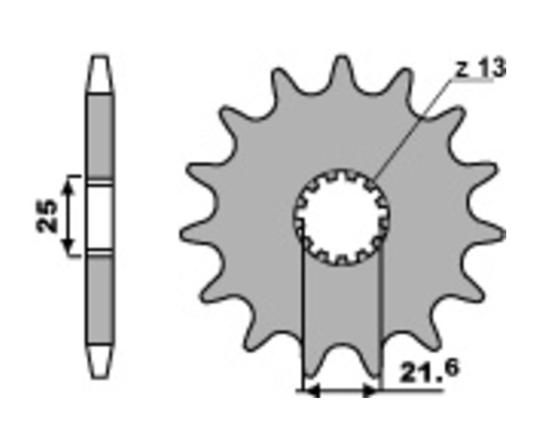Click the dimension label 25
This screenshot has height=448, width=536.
pyautogui.click(x=47, y=216)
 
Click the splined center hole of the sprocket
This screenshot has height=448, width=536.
pyautogui.click(x=341, y=217)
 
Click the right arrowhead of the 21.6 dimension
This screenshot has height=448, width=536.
pyautogui.click(x=370, y=390)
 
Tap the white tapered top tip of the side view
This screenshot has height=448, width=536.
pyautogui.click(x=99, y=74)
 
